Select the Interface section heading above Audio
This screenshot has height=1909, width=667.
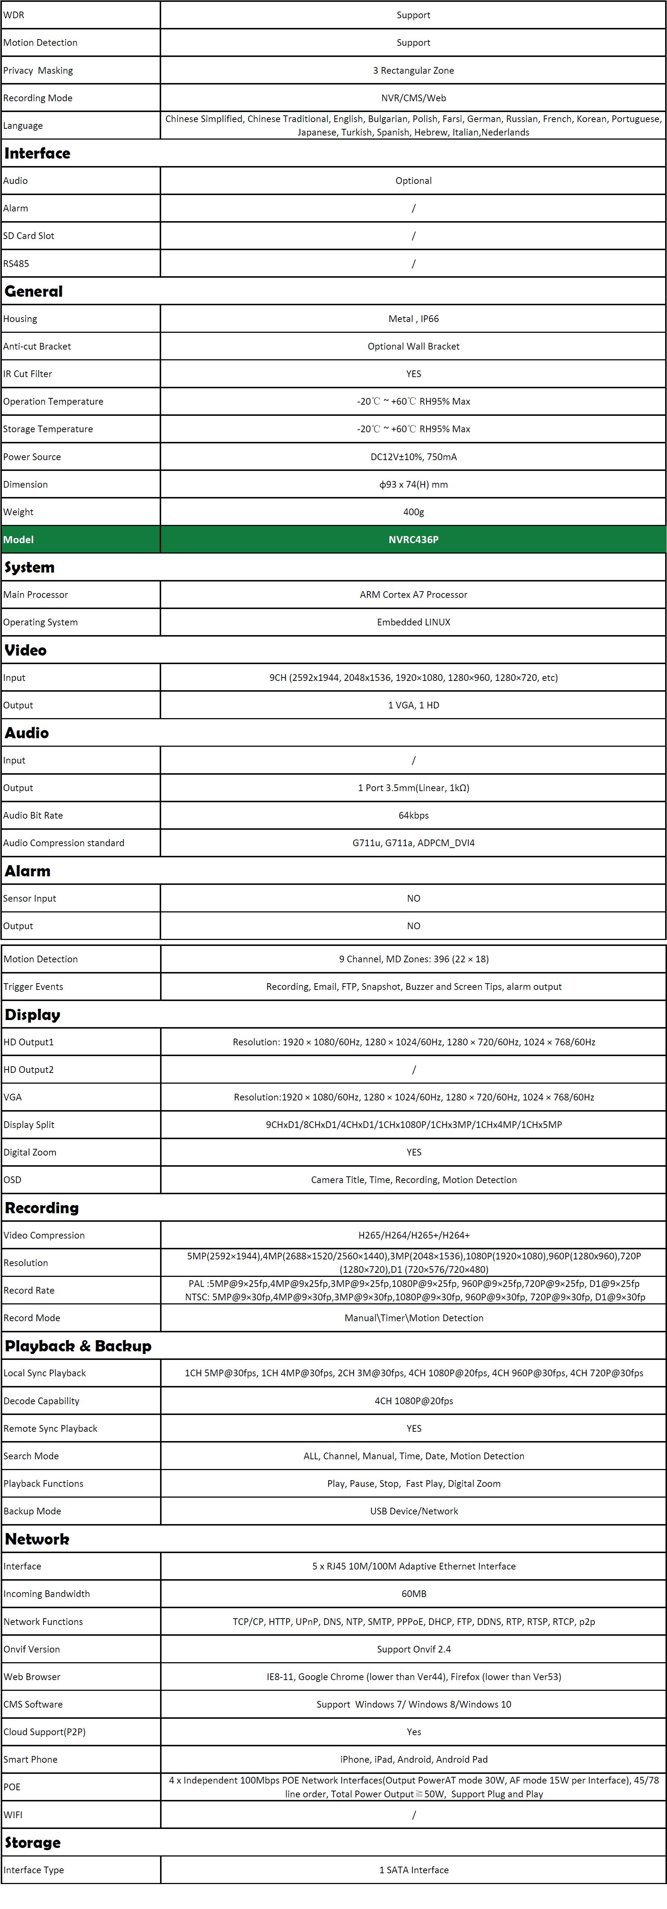pos(37,153)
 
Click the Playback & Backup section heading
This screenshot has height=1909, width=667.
pos(78,1346)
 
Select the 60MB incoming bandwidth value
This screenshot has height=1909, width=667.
pos(414,1593)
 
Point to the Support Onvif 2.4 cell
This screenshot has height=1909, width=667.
pos(414,1649)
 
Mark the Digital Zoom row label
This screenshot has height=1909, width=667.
pos(30,1153)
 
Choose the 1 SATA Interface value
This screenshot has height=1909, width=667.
pos(414,1870)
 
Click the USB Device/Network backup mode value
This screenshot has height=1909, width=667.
pos(414,1511)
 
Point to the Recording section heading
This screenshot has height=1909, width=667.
pos(42,1208)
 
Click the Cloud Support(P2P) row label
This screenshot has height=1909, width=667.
pos(44,1732)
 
